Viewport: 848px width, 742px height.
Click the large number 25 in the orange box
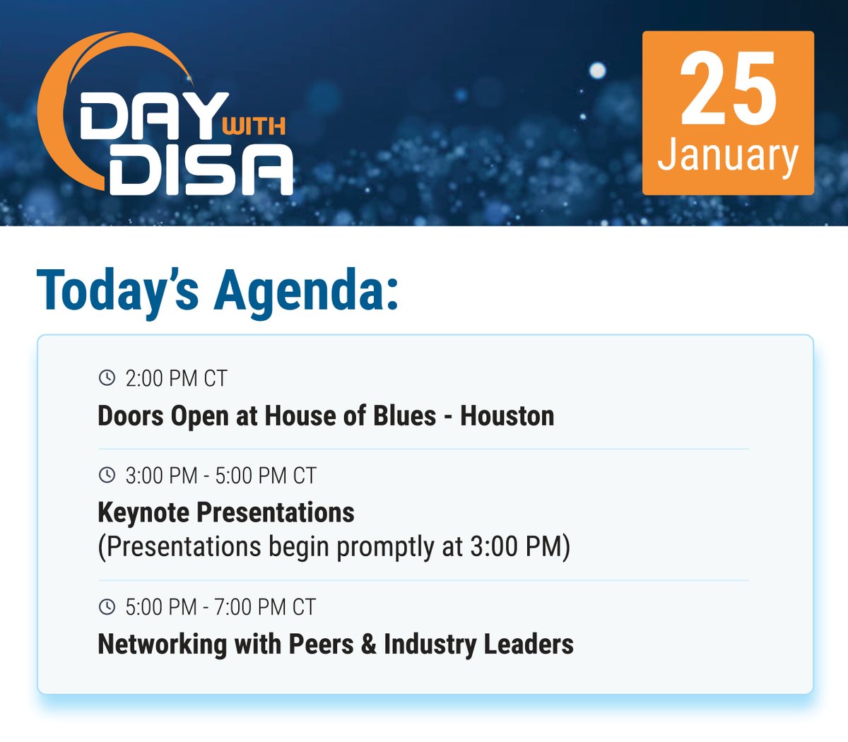click(x=728, y=90)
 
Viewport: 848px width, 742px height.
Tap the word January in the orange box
click(x=728, y=155)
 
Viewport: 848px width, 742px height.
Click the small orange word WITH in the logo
click(x=253, y=126)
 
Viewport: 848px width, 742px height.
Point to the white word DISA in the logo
click(x=201, y=170)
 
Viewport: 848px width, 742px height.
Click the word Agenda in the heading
click(x=306, y=290)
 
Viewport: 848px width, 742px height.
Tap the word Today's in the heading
click(x=117, y=290)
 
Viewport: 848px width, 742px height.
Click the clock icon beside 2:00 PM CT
click(x=107, y=378)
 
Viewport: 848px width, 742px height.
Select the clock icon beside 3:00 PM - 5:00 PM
click(x=107, y=475)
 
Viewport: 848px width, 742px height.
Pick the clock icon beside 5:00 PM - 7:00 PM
click(x=107, y=606)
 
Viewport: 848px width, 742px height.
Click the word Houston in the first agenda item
click(x=507, y=416)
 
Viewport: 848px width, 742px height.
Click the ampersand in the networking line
click(x=368, y=644)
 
